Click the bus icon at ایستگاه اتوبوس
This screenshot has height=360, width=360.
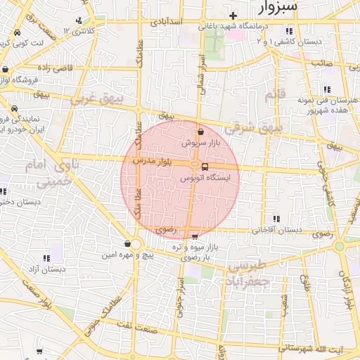point(205,167)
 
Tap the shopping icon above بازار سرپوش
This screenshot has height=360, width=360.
point(202,131)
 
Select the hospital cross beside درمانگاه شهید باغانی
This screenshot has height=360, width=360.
point(233,15)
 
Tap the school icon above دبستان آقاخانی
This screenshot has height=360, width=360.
point(278,218)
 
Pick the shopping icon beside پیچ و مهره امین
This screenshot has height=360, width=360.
point(127,243)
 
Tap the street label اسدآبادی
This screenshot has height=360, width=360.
point(167,22)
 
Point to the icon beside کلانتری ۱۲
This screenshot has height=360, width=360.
point(79,20)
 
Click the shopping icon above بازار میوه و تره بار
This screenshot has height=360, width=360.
point(195,236)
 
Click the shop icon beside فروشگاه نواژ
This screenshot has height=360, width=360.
point(6,69)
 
